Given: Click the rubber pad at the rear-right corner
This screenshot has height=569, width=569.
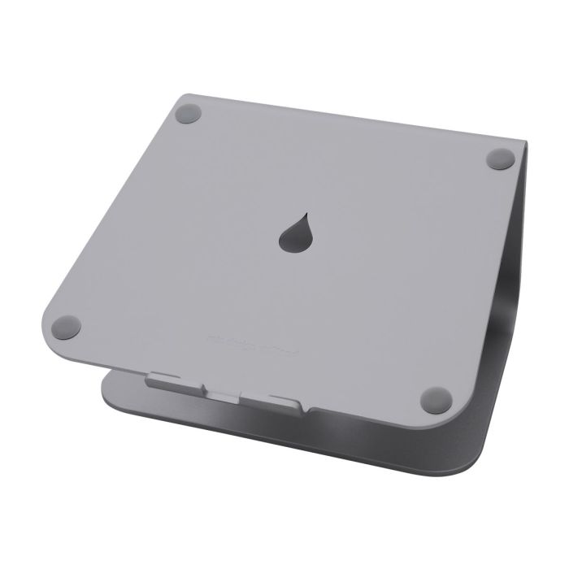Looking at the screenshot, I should tap(500, 159).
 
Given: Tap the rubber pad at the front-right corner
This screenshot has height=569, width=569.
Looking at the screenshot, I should tap(437, 399).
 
